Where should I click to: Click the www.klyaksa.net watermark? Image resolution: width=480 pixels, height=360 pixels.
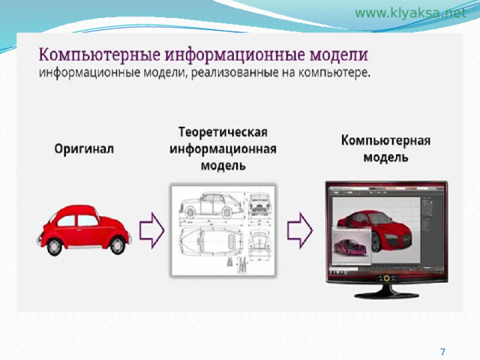point(410,13)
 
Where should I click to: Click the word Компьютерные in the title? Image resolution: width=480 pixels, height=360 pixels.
point(100,55)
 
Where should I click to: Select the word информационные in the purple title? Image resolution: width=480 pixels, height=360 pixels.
point(235,55)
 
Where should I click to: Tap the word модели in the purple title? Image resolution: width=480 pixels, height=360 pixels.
point(339,55)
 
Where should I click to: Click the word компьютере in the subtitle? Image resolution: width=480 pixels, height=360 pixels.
point(334,73)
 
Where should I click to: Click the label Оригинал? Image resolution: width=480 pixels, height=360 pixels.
point(84,149)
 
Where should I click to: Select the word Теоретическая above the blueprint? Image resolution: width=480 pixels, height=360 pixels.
point(223,132)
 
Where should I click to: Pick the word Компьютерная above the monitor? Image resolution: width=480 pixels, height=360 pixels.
point(385,140)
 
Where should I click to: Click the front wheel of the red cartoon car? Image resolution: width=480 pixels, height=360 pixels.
point(118,245)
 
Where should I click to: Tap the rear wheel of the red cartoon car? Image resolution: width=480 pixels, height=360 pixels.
point(55,247)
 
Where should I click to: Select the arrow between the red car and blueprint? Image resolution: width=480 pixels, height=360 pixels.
point(151,230)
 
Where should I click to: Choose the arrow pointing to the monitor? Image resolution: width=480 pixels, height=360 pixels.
point(300,230)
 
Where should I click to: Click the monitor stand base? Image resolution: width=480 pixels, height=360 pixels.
point(386,295)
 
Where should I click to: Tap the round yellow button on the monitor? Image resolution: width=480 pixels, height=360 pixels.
point(387,278)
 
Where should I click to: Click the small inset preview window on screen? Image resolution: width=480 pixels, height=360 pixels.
point(352,246)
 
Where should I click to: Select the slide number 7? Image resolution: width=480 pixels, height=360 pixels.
point(442,352)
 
